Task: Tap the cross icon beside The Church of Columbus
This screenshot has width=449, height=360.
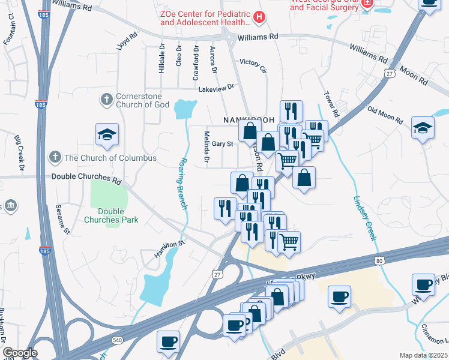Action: (x=55, y=158)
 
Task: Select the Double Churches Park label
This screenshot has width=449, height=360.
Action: (x=118, y=215)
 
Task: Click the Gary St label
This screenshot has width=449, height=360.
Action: (x=222, y=144)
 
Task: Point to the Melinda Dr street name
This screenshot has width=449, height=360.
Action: (x=206, y=148)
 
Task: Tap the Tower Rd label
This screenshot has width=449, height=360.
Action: (x=332, y=104)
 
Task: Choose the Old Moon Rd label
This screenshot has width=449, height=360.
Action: (x=384, y=114)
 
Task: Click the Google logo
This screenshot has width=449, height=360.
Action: (x=20, y=353)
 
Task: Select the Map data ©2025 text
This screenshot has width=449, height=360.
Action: (x=423, y=355)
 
